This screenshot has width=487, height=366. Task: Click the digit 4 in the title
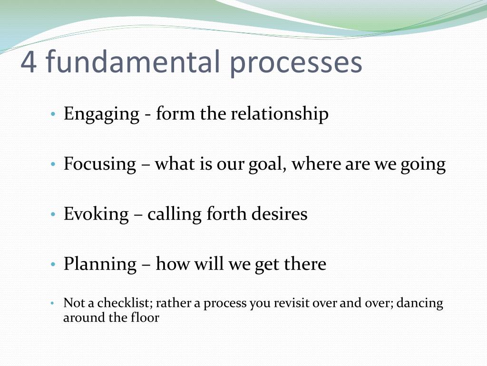[x=29, y=62]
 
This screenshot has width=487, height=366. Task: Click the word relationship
[x=280, y=115]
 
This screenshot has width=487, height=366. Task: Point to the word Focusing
[x=100, y=164]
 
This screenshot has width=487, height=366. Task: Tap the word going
[x=424, y=164]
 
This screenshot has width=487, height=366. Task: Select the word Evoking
[x=96, y=214]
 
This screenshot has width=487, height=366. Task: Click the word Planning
[x=100, y=264]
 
